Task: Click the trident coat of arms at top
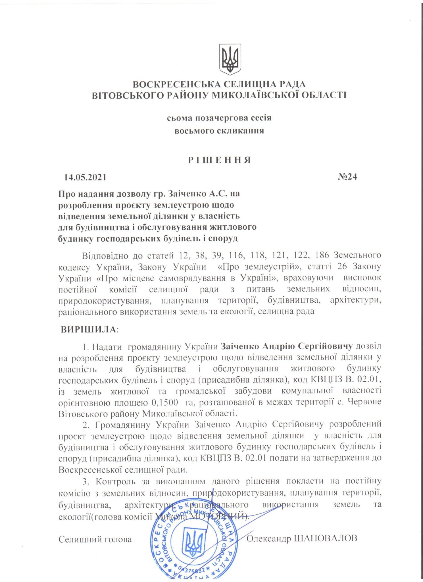click(230, 59)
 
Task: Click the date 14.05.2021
click(85, 177)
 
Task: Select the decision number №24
click(347, 177)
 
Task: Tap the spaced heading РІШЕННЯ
click(220, 160)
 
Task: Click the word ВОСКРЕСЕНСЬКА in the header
click(177, 84)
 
